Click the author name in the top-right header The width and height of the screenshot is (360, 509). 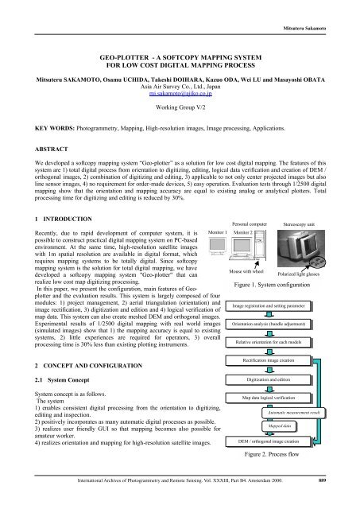click(324, 8)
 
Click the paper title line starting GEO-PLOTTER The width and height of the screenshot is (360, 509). click(180, 58)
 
